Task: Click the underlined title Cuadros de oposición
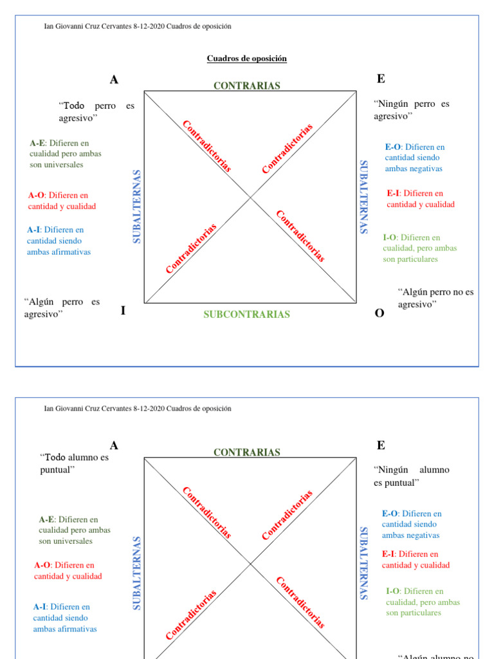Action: [x=246, y=59]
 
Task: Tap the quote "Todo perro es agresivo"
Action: [x=96, y=111]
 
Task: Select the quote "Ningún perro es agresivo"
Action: [x=411, y=109]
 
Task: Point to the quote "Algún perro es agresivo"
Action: [x=62, y=308]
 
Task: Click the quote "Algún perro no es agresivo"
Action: [x=435, y=298]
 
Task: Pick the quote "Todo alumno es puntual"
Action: [x=74, y=463]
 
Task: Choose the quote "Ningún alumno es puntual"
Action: [x=411, y=476]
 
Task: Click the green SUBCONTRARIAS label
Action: [x=246, y=315]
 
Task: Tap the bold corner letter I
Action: [x=123, y=311]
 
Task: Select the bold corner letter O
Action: [x=380, y=313]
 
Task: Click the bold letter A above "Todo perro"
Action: [x=114, y=80]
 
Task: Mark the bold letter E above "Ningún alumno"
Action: [x=381, y=445]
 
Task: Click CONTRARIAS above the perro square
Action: [x=246, y=86]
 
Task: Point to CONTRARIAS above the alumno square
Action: [x=246, y=452]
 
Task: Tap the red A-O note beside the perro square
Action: [x=62, y=201]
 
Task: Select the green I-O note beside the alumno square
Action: [x=423, y=602]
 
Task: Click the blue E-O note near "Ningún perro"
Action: [x=414, y=158]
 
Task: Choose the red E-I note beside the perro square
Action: [x=421, y=199]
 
